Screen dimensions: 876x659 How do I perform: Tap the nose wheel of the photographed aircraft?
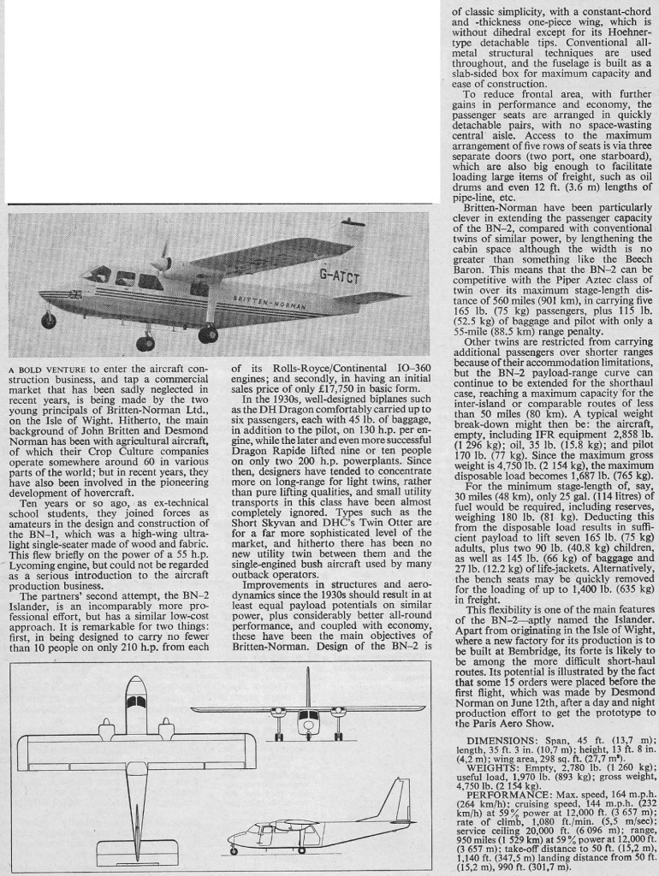tap(48, 321)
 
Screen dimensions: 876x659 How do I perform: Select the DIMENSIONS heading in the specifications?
tap(499, 740)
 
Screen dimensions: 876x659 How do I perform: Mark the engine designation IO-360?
tap(410, 369)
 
